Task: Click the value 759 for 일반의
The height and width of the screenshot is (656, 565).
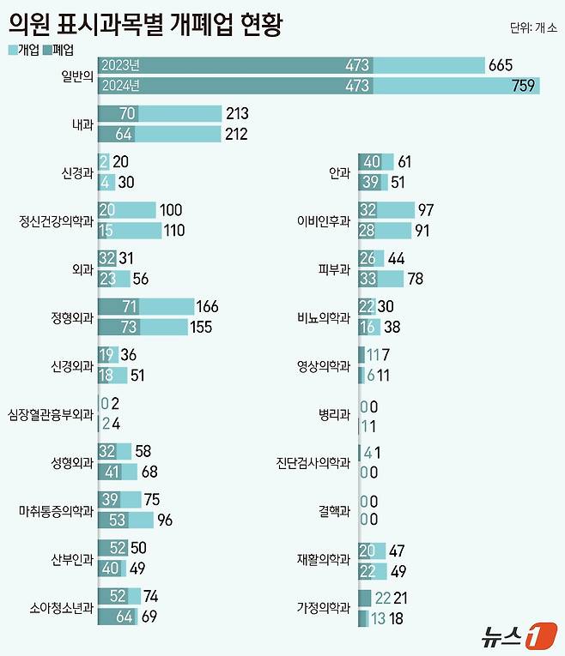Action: [x=524, y=85]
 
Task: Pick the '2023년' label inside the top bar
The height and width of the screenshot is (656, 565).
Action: [x=120, y=65]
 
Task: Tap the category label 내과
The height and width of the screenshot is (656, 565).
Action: [x=82, y=123]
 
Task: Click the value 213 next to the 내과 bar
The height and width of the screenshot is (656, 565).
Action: [x=236, y=113]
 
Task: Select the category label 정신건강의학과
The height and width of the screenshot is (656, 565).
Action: [x=57, y=220]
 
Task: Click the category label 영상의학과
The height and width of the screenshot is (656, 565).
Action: [x=323, y=364]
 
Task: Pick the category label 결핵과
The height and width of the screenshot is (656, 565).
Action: [x=335, y=510]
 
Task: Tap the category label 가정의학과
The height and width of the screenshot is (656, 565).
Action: [x=323, y=606]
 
